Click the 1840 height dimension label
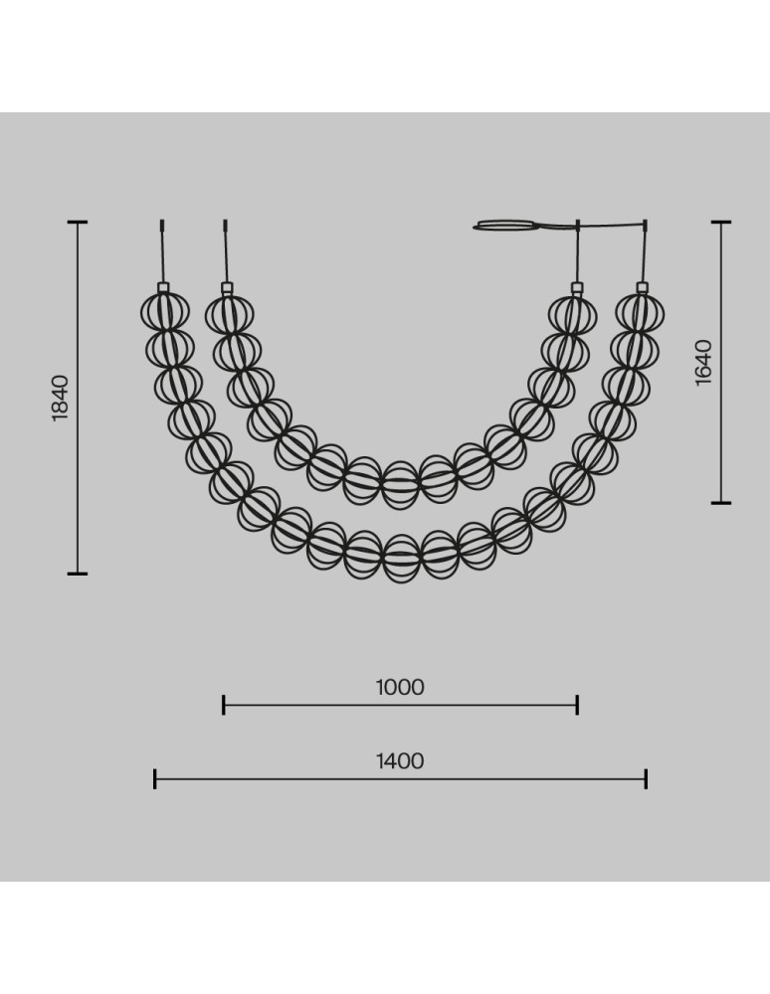click(x=61, y=399)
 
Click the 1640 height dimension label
click(x=703, y=363)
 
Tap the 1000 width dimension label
click(x=400, y=687)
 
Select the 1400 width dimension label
click(x=400, y=760)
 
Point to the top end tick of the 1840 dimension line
click(x=78, y=222)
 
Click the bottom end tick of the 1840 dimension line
click(x=78, y=574)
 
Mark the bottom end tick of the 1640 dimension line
click(x=721, y=503)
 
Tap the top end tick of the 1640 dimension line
click(x=721, y=222)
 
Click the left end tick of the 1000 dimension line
click(x=223, y=705)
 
